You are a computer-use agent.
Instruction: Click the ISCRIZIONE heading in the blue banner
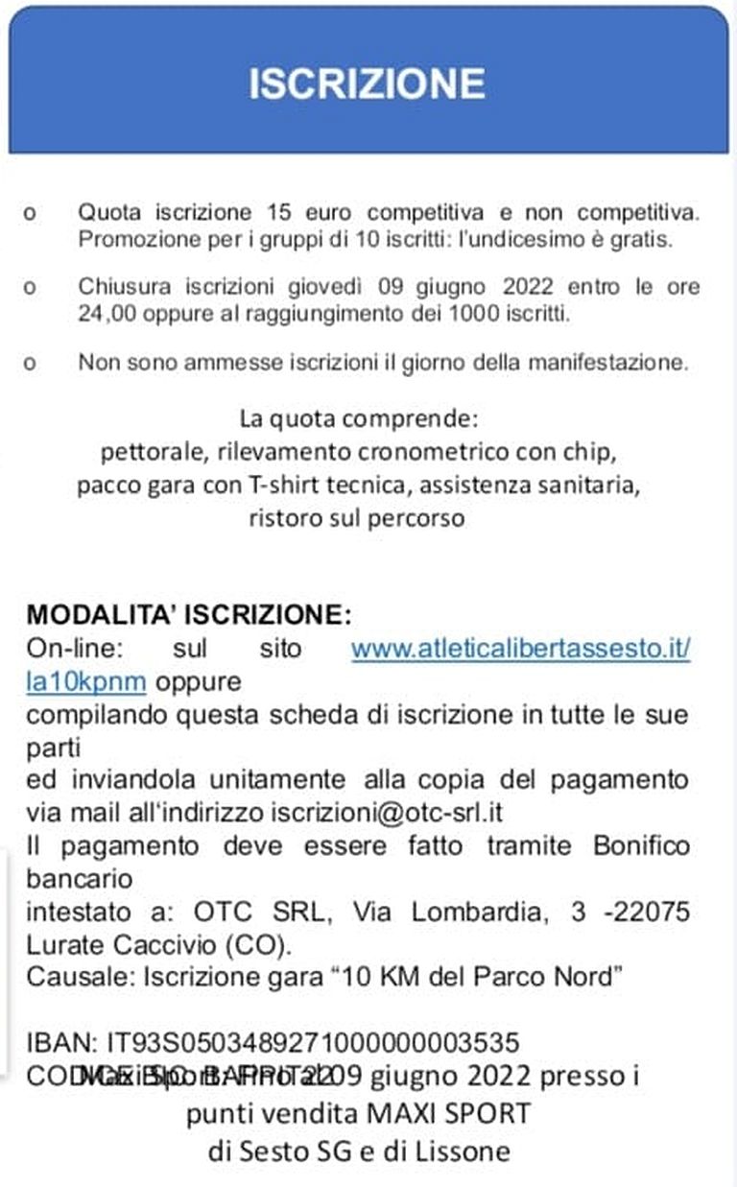[367, 83]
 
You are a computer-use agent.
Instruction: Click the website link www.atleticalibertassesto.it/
[520, 649]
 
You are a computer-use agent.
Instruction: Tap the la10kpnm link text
[85, 681]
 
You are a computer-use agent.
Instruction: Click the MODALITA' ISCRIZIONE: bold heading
[189, 614]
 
